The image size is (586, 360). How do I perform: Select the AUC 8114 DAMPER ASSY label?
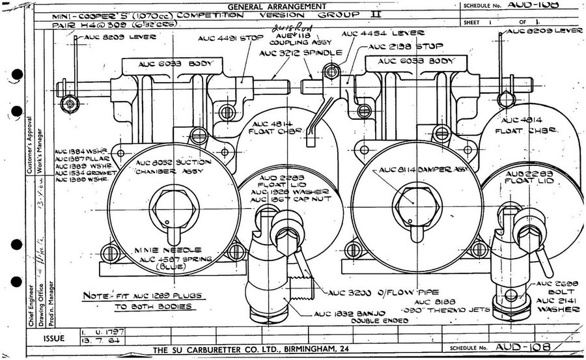pyautogui.click(x=419, y=169)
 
